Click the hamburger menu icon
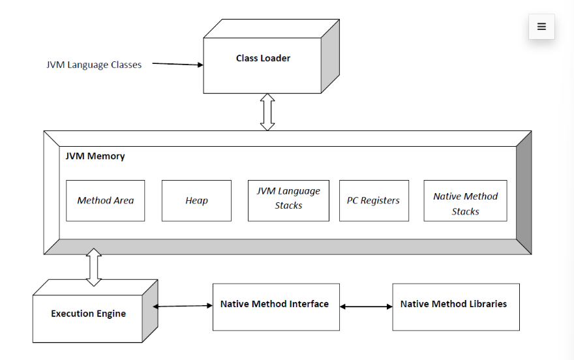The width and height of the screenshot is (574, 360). pos(541,26)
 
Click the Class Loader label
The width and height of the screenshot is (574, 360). pos(263,58)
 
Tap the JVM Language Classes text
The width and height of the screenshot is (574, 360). pos(94,65)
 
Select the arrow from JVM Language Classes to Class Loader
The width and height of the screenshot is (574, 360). pos(177,64)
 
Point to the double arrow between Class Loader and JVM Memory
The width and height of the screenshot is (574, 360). pos(267,112)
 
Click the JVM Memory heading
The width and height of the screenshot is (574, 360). pos(95,157)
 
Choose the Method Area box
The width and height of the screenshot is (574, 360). pos(106,200)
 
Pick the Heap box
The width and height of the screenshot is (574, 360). pos(196,200)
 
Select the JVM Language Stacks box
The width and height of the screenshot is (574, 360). pos(288,200)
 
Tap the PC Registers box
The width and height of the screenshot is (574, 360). pos(374,200)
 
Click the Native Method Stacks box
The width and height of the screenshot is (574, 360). pos(465,200)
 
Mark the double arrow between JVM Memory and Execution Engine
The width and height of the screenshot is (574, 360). pos(94,267)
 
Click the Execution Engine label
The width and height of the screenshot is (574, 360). pos(88,314)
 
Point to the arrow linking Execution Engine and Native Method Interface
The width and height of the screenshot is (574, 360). pos(183,306)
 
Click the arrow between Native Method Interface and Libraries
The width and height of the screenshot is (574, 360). pos(366,307)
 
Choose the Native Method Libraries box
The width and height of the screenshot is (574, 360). pos(456,307)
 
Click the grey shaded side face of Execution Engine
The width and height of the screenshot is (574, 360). pos(150,311)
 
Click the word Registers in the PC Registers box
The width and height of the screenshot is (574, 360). pos(380,200)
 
